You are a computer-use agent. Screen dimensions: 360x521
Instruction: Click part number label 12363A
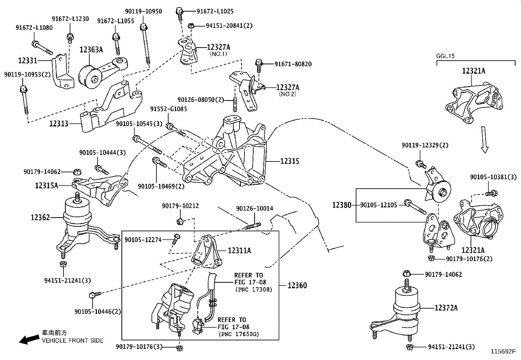coord(91,50)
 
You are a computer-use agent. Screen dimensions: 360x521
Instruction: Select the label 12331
coord(27,60)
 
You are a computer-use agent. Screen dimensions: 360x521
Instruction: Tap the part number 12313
coord(59,123)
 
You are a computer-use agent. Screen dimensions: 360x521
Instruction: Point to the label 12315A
coord(46,185)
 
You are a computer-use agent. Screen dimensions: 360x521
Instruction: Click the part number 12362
coord(40,217)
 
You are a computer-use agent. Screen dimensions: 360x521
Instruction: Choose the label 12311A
coord(239,251)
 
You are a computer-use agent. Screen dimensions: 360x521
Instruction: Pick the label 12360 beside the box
coord(297,285)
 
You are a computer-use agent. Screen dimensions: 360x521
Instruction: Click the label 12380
coord(342,205)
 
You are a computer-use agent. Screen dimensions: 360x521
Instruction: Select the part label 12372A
coord(446,308)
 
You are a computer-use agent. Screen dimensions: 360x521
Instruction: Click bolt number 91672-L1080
coord(34,28)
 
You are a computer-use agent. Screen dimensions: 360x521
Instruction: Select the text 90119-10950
coord(143,11)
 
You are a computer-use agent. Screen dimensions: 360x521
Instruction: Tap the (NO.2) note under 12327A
coord(287,94)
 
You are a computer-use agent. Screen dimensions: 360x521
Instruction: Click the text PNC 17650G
coord(239,334)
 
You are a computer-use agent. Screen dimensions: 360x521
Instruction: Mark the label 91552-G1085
coord(169,109)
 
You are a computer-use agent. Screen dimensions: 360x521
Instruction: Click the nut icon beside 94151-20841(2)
coord(192,26)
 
